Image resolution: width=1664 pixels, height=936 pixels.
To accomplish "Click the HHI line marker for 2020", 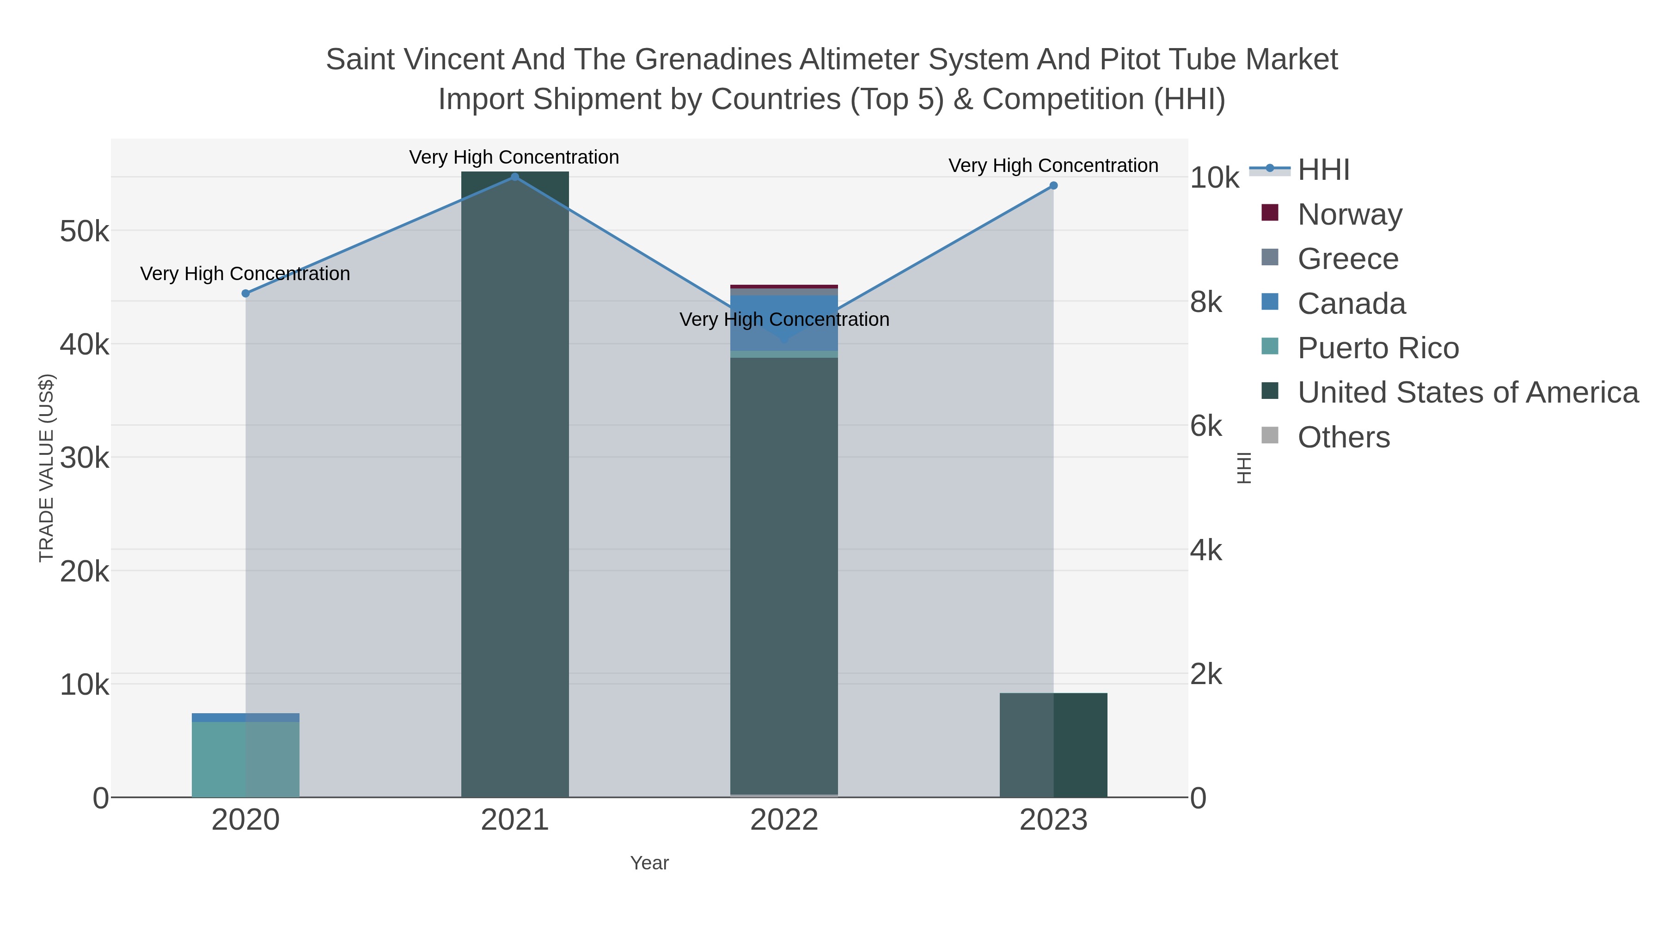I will click(x=245, y=293).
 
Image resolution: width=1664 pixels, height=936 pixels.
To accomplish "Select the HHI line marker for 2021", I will click(x=515, y=177).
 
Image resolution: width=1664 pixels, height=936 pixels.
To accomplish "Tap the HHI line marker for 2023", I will click(x=1053, y=186).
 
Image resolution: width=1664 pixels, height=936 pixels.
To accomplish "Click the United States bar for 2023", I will click(x=1053, y=746).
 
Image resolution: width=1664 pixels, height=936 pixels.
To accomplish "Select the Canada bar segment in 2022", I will click(x=784, y=323).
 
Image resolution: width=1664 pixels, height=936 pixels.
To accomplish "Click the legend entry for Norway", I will click(x=1349, y=214).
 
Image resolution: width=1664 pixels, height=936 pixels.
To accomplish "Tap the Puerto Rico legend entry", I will click(x=1378, y=348).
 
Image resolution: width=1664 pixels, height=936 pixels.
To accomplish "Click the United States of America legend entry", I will click(x=1468, y=393).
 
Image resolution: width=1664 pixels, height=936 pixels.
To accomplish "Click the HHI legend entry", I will click(x=1324, y=170).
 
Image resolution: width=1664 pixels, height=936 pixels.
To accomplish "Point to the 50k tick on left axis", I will click(x=85, y=231).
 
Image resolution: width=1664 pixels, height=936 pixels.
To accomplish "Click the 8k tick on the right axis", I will click(x=1206, y=302).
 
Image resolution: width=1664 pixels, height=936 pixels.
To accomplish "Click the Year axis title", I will click(x=649, y=863).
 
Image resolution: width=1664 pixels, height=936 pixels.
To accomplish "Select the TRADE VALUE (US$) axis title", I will click(x=47, y=468).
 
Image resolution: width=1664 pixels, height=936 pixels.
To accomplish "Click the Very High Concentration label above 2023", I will click(x=1053, y=166).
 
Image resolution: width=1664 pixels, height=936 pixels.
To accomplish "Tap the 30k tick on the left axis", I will click(x=85, y=459).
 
